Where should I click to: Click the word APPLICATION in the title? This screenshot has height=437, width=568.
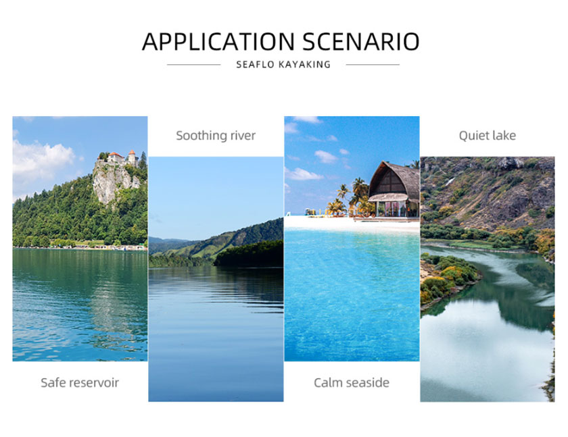(x=218, y=42)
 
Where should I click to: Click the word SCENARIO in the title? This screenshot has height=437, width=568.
(x=361, y=42)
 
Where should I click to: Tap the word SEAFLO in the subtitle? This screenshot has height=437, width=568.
(x=255, y=65)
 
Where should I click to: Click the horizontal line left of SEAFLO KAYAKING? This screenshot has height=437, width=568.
(x=194, y=65)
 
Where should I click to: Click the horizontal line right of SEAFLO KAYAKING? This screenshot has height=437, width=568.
(x=373, y=65)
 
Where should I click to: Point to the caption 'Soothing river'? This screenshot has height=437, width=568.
(x=216, y=136)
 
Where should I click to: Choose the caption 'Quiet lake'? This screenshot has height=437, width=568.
(x=488, y=136)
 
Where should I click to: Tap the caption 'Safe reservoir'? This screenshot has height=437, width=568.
(x=80, y=383)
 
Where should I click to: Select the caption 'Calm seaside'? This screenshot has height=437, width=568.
(x=352, y=383)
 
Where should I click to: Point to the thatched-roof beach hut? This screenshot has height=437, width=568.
(x=394, y=190)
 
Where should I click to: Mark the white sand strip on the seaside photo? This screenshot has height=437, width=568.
(x=352, y=224)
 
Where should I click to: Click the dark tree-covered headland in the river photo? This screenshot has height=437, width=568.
(x=249, y=254)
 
